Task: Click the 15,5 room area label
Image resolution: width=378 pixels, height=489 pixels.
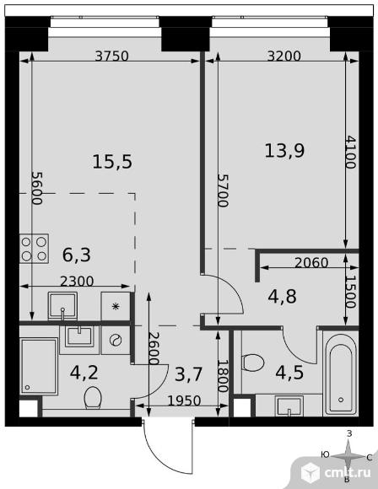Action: (112, 162)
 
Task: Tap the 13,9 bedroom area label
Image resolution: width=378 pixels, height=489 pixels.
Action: (284, 151)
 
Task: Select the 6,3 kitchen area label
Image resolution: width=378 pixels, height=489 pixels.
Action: (77, 255)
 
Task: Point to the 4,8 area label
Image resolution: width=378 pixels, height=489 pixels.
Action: (282, 296)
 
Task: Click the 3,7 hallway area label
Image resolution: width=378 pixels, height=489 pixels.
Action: (188, 374)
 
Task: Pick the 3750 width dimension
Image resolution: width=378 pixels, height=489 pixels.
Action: (111, 56)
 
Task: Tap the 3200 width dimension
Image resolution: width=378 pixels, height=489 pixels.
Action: (284, 56)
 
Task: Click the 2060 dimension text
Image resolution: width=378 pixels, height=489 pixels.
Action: (311, 263)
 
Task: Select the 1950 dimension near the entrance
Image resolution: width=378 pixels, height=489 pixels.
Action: (184, 400)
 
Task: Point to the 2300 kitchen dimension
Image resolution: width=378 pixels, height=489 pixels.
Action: (77, 282)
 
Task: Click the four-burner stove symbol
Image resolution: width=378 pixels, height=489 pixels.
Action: (34, 249)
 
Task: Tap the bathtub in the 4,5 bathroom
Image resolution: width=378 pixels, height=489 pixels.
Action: (341, 374)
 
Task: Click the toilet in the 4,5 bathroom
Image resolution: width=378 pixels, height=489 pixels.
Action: (252, 363)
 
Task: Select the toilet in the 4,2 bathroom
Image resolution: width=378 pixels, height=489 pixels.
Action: (93, 398)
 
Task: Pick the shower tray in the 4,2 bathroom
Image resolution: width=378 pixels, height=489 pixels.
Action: (39, 367)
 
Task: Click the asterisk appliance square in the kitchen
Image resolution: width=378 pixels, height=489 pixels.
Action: (116, 306)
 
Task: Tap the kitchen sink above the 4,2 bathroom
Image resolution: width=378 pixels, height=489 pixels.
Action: (62, 306)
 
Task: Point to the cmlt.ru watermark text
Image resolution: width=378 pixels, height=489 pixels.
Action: (348, 473)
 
